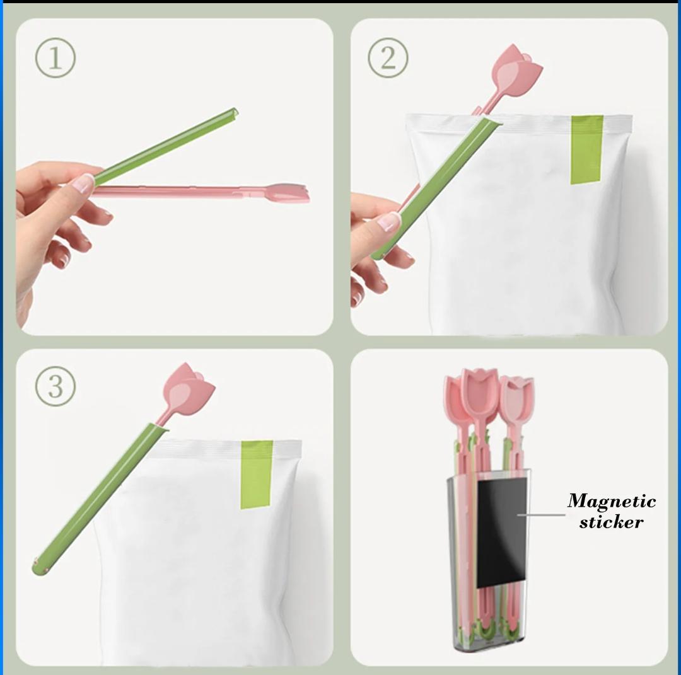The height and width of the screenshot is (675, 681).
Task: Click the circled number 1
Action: tap(55, 58)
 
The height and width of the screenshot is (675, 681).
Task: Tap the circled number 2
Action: tap(388, 57)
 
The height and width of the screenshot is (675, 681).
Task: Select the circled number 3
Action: tap(55, 386)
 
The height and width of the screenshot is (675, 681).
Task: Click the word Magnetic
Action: tap(612, 501)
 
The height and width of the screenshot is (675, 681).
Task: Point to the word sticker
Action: tap(611, 522)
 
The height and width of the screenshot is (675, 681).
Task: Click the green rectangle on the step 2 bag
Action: tap(586, 149)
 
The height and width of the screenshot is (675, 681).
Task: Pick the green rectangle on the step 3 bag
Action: tap(256, 474)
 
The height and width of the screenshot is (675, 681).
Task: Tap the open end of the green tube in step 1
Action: tap(234, 112)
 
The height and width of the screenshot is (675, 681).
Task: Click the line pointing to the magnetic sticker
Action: tap(541, 516)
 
